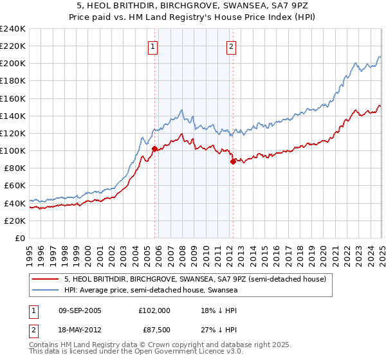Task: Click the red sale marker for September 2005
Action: pos(154,148)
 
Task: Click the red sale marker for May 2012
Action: pos(233,161)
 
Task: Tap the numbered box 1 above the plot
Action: pos(153,46)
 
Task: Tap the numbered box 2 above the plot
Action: pos(231,46)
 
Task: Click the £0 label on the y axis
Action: pos(20,238)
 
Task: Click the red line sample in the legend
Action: pos(45,280)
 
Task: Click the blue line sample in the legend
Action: pos(45,291)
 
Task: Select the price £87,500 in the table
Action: pos(154,330)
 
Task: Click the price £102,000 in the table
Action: pos(154,310)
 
